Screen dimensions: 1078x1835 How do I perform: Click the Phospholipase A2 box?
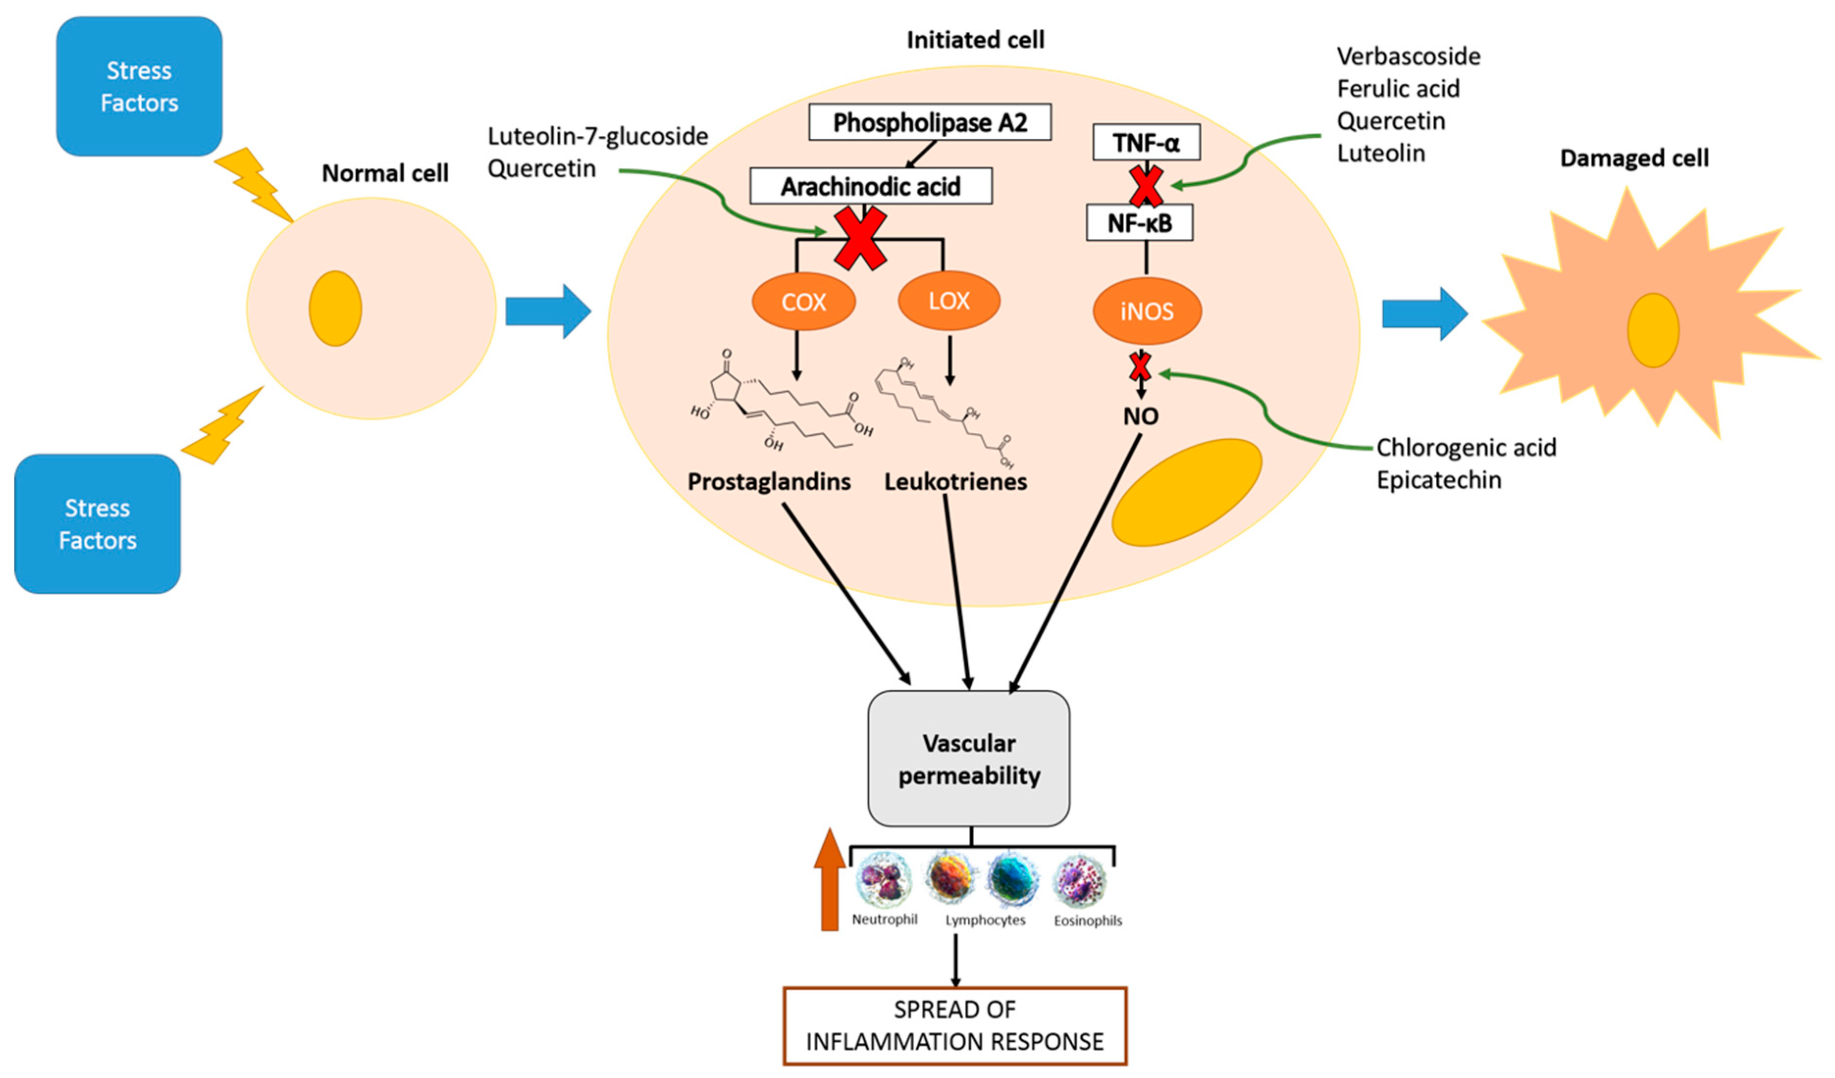929,122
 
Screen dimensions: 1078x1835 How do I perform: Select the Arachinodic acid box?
870,186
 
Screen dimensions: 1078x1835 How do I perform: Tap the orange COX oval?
803,301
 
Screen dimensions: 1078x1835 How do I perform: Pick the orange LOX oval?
949,301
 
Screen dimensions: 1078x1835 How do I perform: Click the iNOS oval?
1146,311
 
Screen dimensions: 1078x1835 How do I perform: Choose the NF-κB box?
1139,223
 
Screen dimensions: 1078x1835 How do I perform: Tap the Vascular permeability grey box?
968,758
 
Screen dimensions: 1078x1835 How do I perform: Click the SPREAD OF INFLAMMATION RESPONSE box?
955,1026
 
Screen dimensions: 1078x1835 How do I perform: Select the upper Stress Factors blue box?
139,87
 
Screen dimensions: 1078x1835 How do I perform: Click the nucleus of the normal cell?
335,309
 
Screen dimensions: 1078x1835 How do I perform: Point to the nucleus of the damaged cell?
1653,330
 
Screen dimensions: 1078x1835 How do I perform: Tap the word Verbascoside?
1408,57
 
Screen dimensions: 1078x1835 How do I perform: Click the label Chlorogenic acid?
1466,447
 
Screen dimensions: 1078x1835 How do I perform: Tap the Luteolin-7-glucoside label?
597,136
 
